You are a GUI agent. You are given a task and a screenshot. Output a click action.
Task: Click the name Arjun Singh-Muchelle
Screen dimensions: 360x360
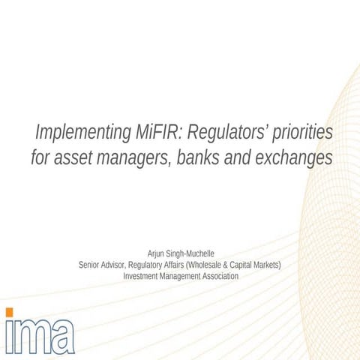(180, 253)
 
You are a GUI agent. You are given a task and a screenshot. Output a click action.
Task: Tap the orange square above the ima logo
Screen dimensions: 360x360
(8, 311)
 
